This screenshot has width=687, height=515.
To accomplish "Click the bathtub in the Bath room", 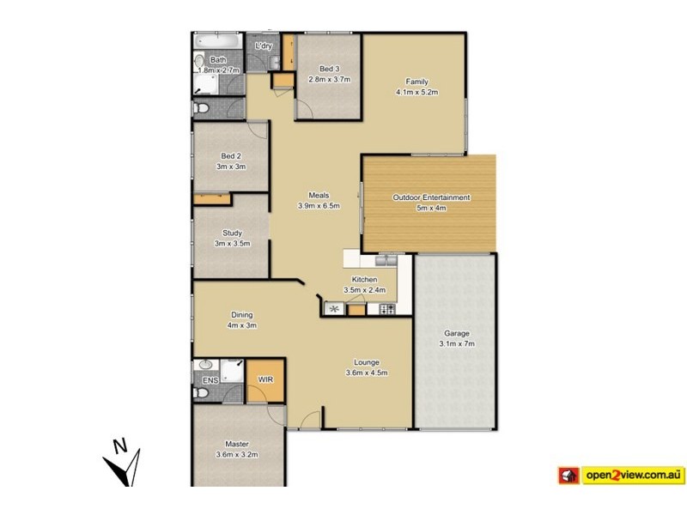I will pyautogui.click(x=218, y=41).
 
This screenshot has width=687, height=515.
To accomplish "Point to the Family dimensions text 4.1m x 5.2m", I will pyautogui.click(x=417, y=92).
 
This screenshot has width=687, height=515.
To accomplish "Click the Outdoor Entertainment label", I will pyautogui.click(x=431, y=197).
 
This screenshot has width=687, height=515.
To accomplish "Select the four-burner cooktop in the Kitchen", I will pyautogui.click(x=380, y=309).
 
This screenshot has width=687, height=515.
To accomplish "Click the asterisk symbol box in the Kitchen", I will pyautogui.click(x=332, y=309).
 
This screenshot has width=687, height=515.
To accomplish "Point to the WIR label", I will pyautogui.click(x=265, y=379).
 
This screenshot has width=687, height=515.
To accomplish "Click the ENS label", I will pyautogui.click(x=210, y=380).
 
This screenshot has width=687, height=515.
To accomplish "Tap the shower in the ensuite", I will pyautogui.click(x=233, y=370).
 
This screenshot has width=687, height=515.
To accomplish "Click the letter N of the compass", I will pyautogui.click(x=121, y=445).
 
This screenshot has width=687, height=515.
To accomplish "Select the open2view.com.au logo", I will pyautogui.click(x=620, y=474).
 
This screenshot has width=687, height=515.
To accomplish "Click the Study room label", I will pyautogui.click(x=232, y=233).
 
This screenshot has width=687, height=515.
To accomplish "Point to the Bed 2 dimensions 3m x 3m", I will pyautogui.click(x=232, y=167).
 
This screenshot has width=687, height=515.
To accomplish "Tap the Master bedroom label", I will pyautogui.click(x=237, y=444).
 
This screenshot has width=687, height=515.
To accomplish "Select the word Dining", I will pyautogui.click(x=241, y=315).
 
